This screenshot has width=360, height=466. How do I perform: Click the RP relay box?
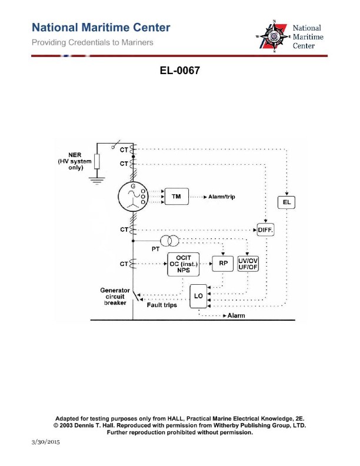223,264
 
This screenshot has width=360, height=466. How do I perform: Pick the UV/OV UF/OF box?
248,264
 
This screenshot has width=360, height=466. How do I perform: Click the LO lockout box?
198,297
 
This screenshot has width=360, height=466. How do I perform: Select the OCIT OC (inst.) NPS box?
183,264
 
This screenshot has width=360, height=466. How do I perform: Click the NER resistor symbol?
97,161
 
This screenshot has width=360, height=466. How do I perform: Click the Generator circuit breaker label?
115,297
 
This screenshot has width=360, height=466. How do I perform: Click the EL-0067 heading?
180,71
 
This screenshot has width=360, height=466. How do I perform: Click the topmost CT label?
124,149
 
